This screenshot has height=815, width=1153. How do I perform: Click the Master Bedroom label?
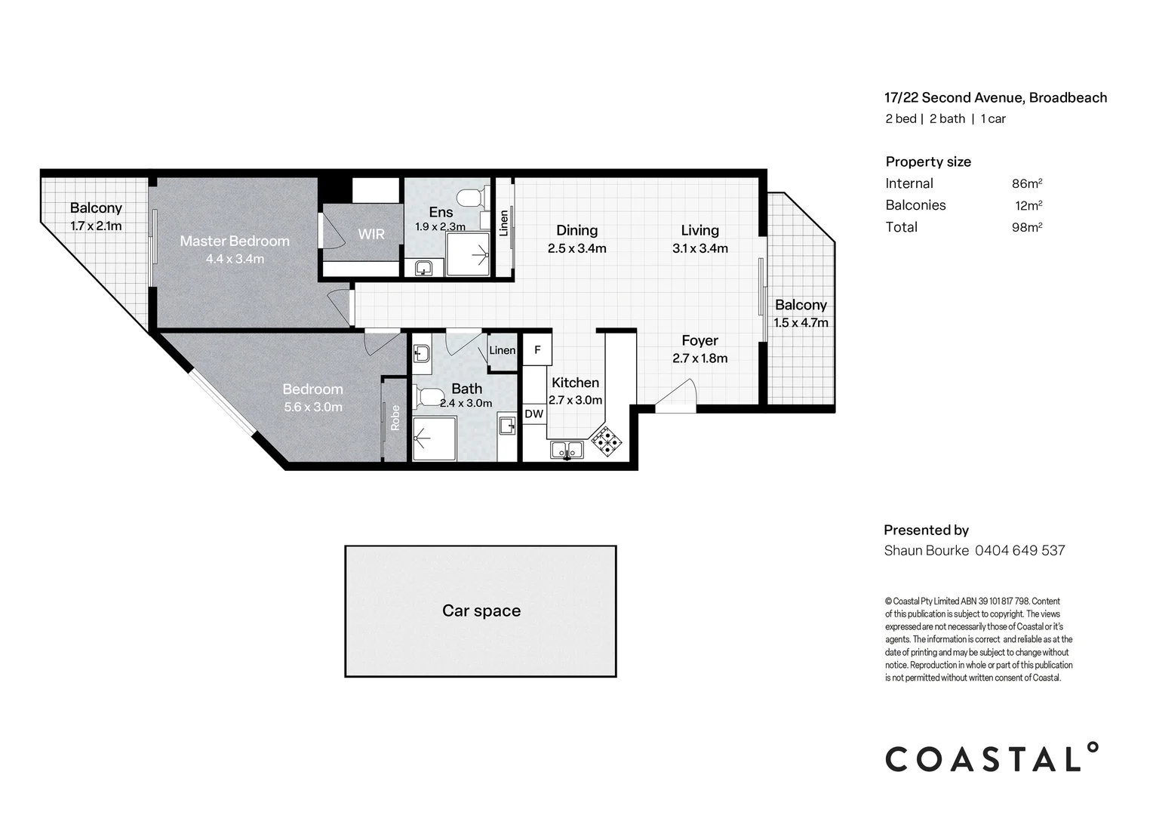coord(235,241)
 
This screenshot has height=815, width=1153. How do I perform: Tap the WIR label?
coord(371,234)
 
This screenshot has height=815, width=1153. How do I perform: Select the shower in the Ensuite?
coord(468,254)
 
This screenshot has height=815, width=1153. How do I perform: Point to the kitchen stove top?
coord(607,441)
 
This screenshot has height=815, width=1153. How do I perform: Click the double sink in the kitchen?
coord(567,450)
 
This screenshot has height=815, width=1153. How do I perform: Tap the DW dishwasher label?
coord(533,414)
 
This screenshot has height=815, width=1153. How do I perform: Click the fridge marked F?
coord(537,350)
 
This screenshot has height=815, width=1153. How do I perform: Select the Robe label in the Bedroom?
coord(395,417)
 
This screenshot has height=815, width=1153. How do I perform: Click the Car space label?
coord(481,610)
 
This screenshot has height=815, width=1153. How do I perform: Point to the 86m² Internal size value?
coord(1027,183)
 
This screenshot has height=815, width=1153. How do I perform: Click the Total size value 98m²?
coord(1027,227)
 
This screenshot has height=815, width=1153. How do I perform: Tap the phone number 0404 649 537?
coord(1019,550)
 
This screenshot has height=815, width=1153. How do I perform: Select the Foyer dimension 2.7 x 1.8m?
coord(700,358)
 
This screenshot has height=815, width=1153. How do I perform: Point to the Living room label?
coord(700,230)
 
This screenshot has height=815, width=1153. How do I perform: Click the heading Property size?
coord(928,161)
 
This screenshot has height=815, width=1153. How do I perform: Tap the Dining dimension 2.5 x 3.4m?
coord(577,249)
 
